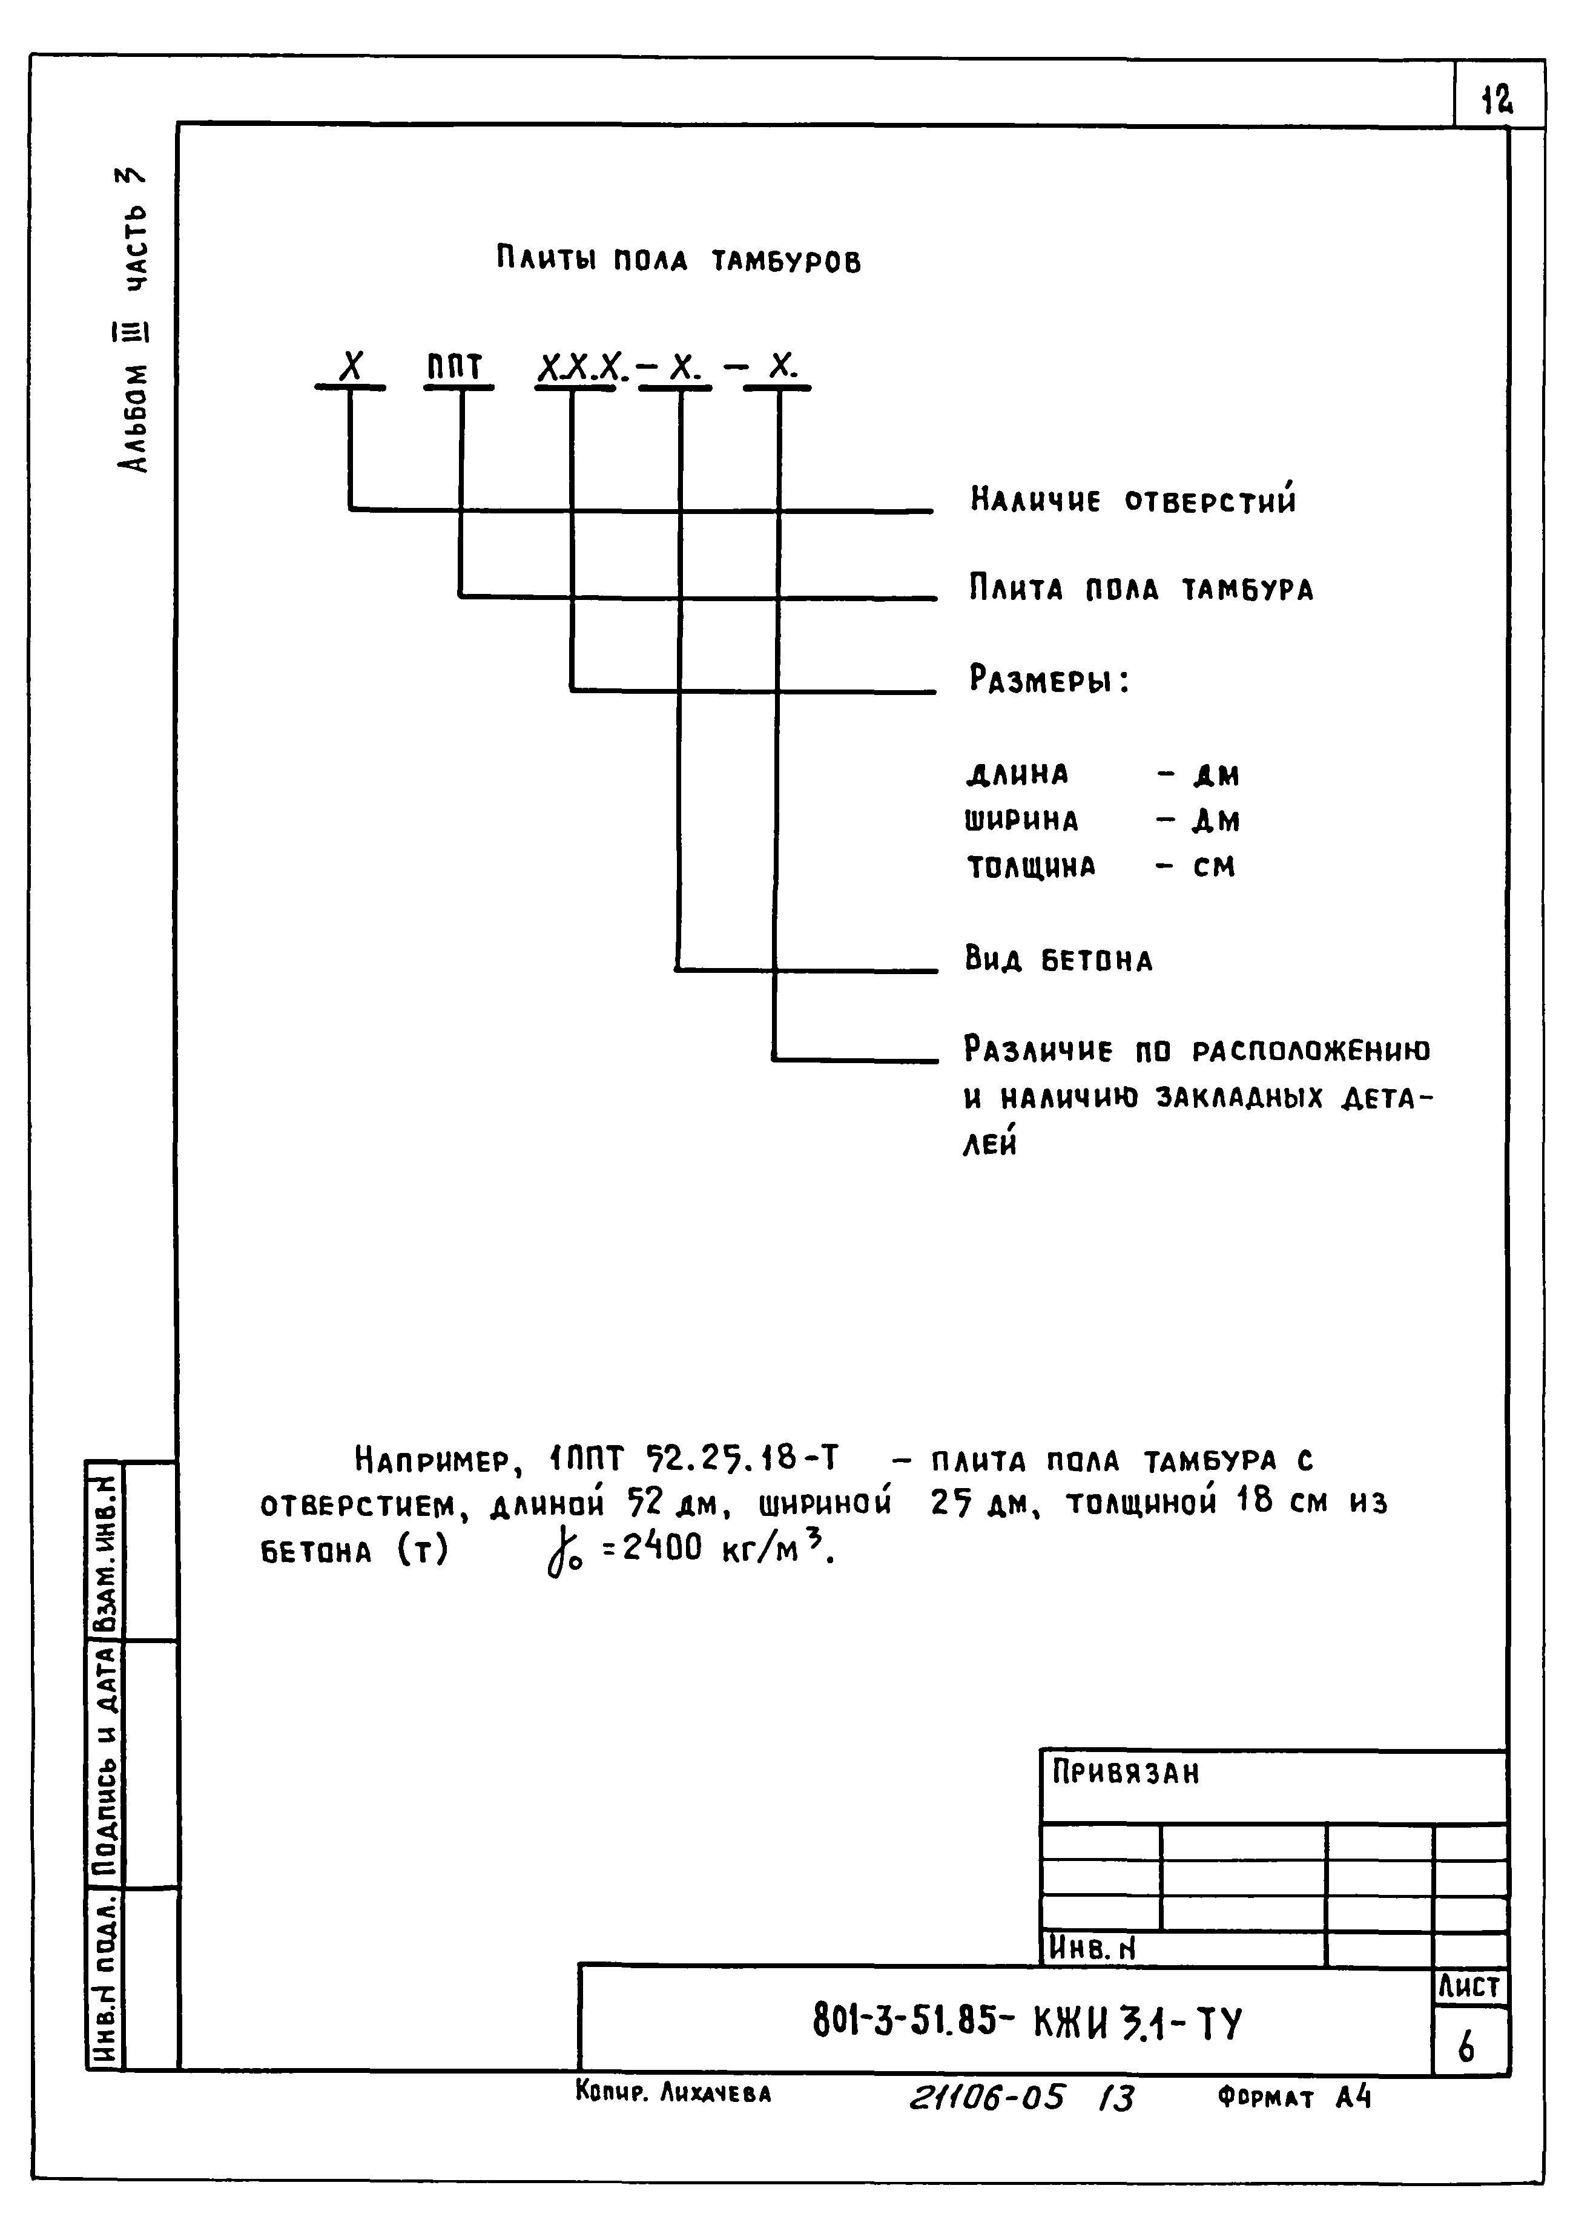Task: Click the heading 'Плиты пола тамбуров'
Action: pyautogui.click(x=678, y=260)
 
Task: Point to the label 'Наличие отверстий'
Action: pyautogui.click(x=1132, y=500)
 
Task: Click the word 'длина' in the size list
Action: pyautogui.click(x=1017, y=775)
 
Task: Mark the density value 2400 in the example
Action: pyautogui.click(x=662, y=1549)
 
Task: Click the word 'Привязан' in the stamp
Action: pyautogui.click(x=1126, y=1773)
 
